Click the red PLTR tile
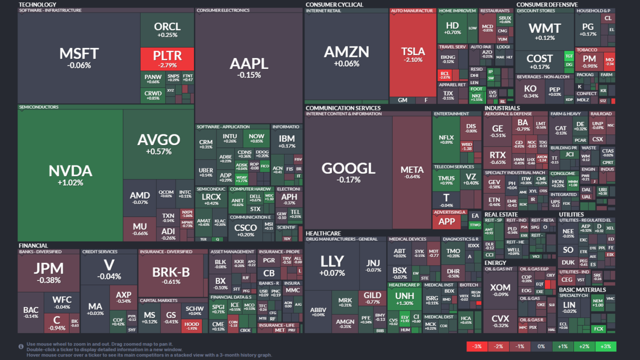[x=167, y=58]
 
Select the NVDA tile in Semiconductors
[x=70, y=175]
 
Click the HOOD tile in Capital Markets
[x=192, y=326]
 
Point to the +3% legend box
[x=605, y=346]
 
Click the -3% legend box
[x=477, y=346]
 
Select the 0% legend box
[x=541, y=346]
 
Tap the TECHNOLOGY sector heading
[x=37, y=4]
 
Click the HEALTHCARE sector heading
[x=323, y=233]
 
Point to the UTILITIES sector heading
[x=571, y=214]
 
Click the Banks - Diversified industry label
[x=40, y=251]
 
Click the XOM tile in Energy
[x=500, y=289]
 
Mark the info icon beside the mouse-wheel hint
[x=21, y=346]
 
